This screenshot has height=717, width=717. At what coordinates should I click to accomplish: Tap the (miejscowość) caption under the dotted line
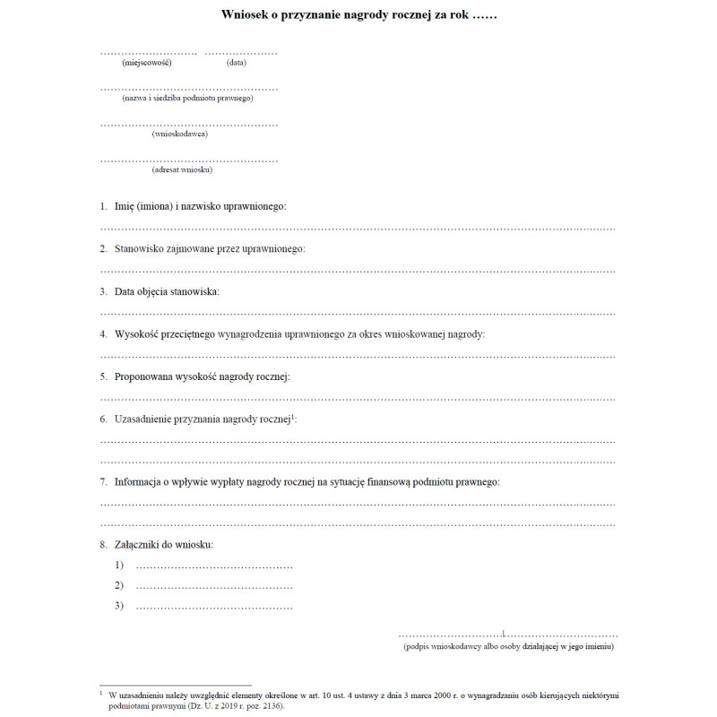pos(147,63)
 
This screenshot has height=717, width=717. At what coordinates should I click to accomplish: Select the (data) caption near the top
pos(237,63)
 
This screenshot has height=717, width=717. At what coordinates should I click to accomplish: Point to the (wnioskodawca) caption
pos(180,134)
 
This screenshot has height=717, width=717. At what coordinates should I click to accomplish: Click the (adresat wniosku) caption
pos(182,169)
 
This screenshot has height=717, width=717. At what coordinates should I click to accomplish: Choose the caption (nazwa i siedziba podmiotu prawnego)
pos(188,98)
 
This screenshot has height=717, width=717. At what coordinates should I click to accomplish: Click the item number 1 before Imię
pos(103,206)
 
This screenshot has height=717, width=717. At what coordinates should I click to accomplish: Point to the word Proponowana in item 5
pos(146,376)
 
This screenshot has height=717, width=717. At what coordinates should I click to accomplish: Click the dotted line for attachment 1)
pos(214,566)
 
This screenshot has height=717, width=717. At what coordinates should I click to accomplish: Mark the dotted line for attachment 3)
pos(214,607)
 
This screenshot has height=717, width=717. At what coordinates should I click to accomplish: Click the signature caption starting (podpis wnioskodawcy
pos(508,646)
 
